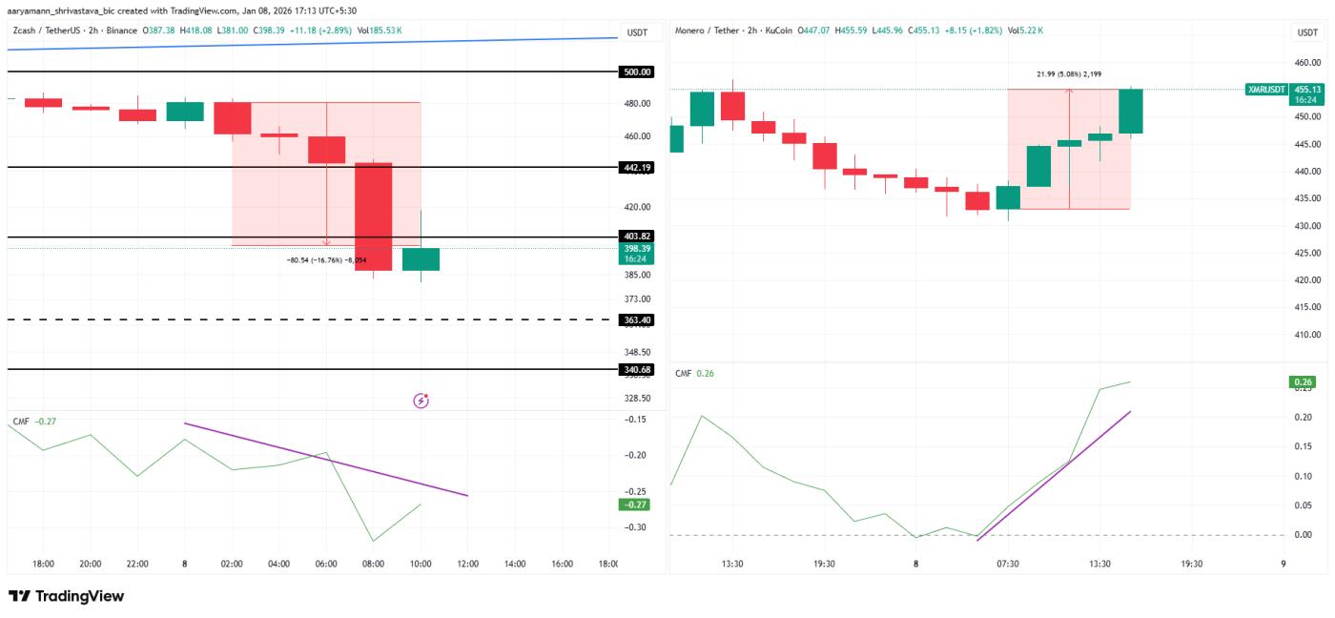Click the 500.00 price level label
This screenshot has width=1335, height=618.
[x=637, y=72]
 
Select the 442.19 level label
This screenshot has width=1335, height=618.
[x=637, y=167]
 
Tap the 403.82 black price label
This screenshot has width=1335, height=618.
[x=637, y=237]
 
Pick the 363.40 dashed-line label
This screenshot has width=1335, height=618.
[x=637, y=320]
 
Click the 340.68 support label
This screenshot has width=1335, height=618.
[x=637, y=369]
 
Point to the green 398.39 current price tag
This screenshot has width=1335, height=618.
[x=637, y=253]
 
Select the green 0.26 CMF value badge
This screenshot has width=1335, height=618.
[x=1303, y=382]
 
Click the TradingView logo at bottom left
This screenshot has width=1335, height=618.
[x=67, y=596]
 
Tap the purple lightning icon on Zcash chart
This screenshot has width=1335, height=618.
[x=421, y=401]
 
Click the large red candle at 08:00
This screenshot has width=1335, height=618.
[x=374, y=216]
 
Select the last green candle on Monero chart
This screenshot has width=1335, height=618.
[x=1131, y=112]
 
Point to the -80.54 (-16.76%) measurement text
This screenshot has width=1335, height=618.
[x=326, y=260]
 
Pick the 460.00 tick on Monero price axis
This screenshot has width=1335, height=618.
[x=1306, y=63]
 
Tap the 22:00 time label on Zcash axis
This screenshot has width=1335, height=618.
[x=137, y=564]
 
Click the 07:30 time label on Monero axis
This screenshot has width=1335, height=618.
[x=1008, y=564]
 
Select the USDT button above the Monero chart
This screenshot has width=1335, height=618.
[x=1306, y=32]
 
